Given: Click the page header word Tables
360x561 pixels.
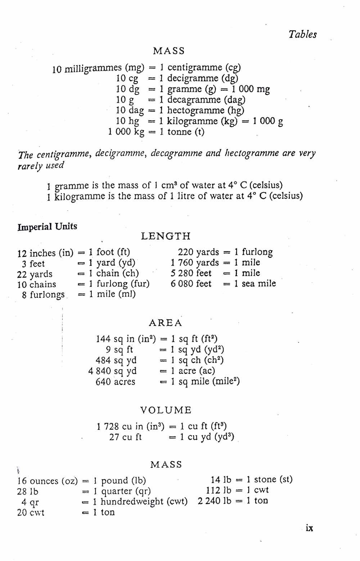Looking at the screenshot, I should pyautogui.click(x=302, y=35).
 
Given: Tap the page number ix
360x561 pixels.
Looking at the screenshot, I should pyautogui.click(x=309, y=528).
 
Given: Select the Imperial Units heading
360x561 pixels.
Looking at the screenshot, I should pyautogui.click(x=47, y=227).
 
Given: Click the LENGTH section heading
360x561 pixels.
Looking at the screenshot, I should pyautogui.click(x=166, y=236).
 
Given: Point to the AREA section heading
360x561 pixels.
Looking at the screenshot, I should pyautogui.click(x=166, y=323).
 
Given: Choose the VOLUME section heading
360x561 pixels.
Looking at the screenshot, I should pyautogui.click(x=166, y=410).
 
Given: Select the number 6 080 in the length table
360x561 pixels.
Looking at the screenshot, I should pyautogui.click(x=182, y=284).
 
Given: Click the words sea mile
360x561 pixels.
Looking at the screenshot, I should pyautogui.click(x=258, y=284).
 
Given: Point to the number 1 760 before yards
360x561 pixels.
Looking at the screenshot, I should pyautogui.click(x=182, y=262).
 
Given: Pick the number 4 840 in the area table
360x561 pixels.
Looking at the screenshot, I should pyautogui.click(x=99, y=371).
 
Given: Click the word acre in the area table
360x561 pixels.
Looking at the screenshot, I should pyautogui.click(x=187, y=371).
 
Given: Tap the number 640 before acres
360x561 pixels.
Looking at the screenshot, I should pyautogui.click(x=103, y=382).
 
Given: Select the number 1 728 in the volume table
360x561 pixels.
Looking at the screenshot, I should pyautogui.click(x=108, y=427).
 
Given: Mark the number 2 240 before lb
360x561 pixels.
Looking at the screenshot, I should pyautogui.click(x=209, y=501).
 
